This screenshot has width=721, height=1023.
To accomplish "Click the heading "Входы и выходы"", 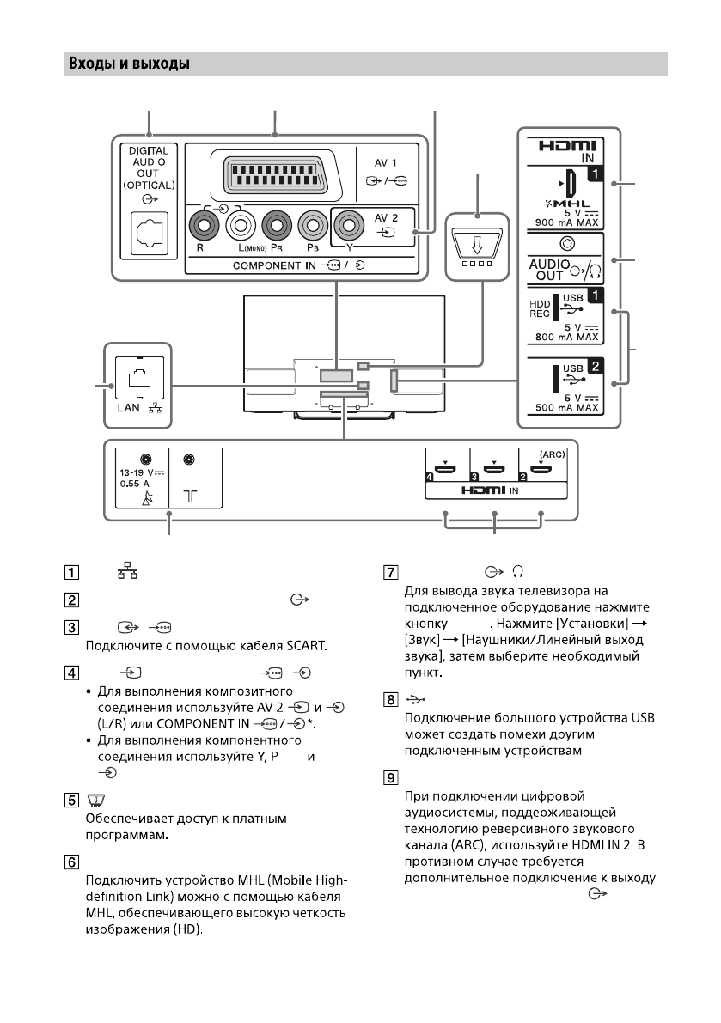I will pyautogui.click(x=127, y=64).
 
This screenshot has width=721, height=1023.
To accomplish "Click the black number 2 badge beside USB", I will pyautogui.click(x=591, y=365).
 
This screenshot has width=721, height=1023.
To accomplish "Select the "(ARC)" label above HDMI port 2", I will pyautogui.click(x=547, y=454).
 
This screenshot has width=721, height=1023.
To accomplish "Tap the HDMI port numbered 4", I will pyautogui.click(x=445, y=469).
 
